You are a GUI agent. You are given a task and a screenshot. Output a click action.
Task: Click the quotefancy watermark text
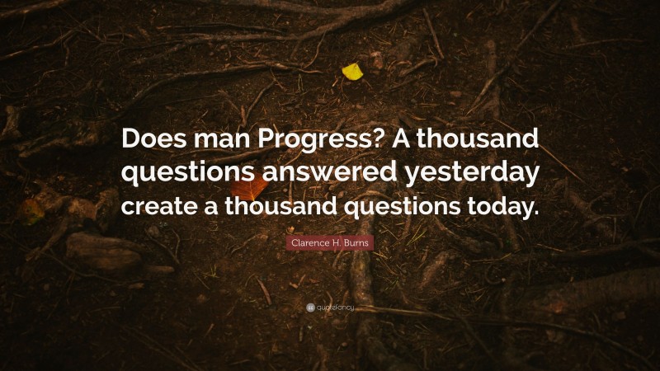(x=335, y=308)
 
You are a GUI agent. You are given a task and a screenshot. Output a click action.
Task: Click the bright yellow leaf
(x=352, y=72)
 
